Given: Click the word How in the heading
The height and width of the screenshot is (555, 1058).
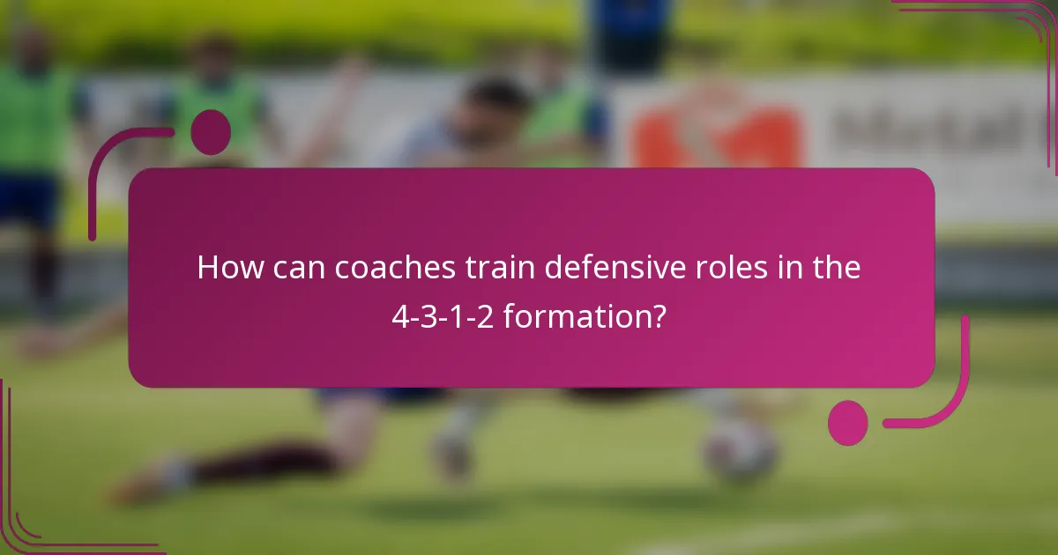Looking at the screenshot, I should (x=227, y=268).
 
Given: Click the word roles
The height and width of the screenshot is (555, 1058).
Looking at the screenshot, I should (x=736, y=268).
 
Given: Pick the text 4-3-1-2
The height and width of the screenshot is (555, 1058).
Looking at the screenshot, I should (x=443, y=314).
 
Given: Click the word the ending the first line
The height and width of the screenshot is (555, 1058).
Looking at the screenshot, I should (x=834, y=268).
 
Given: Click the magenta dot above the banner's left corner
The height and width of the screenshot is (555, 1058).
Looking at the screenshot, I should (x=211, y=132).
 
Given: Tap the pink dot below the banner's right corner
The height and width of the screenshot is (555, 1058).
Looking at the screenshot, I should (x=848, y=422).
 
